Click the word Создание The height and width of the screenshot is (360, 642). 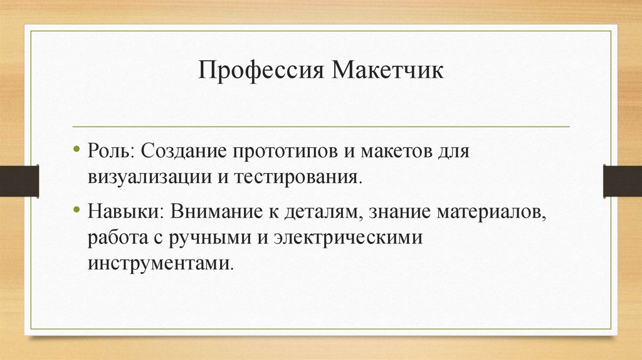(185, 152)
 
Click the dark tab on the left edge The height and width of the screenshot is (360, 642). (19, 181)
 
